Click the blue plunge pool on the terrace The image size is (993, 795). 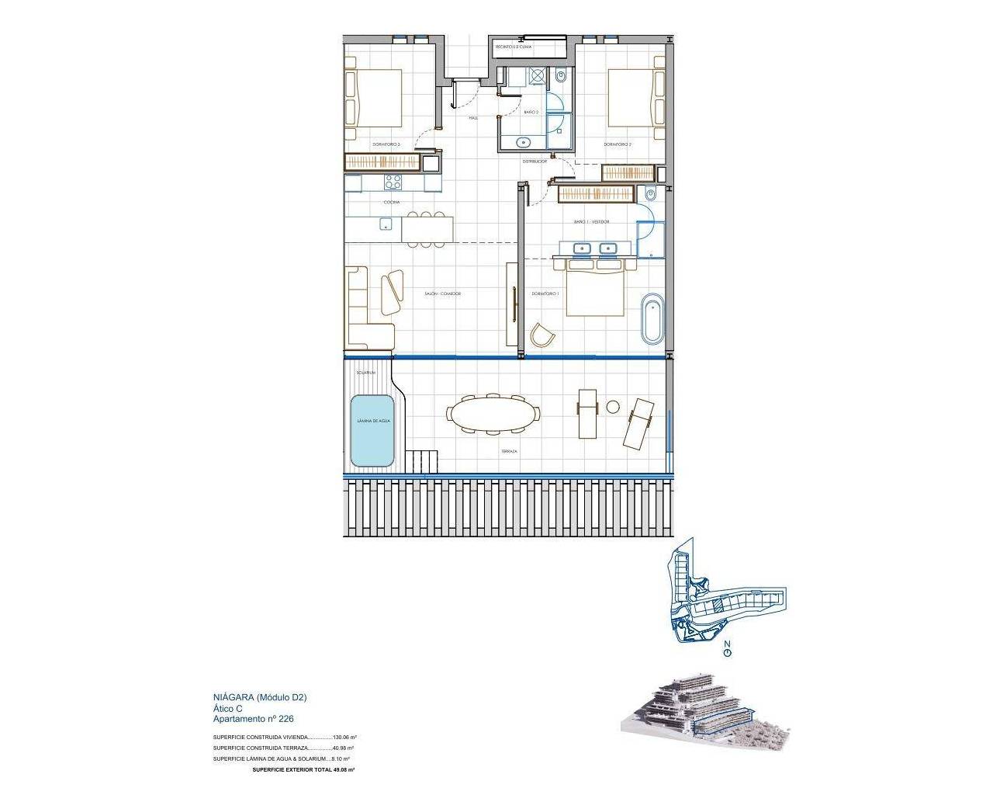[x=372, y=431]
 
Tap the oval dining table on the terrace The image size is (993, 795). [x=493, y=413]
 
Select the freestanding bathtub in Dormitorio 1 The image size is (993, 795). [x=652, y=318]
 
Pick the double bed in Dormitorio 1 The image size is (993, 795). [x=595, y=288]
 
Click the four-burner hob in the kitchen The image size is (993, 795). [x=393, y=183]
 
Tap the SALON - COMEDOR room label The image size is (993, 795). [x=443, y=294]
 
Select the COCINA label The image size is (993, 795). [x=391, y=202]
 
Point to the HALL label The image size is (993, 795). [x=472, y=118]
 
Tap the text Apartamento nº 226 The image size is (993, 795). [x=254, y=720]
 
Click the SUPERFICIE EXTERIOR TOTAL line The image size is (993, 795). [x=303, y=769]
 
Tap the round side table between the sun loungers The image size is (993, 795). [x=613, y=406]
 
